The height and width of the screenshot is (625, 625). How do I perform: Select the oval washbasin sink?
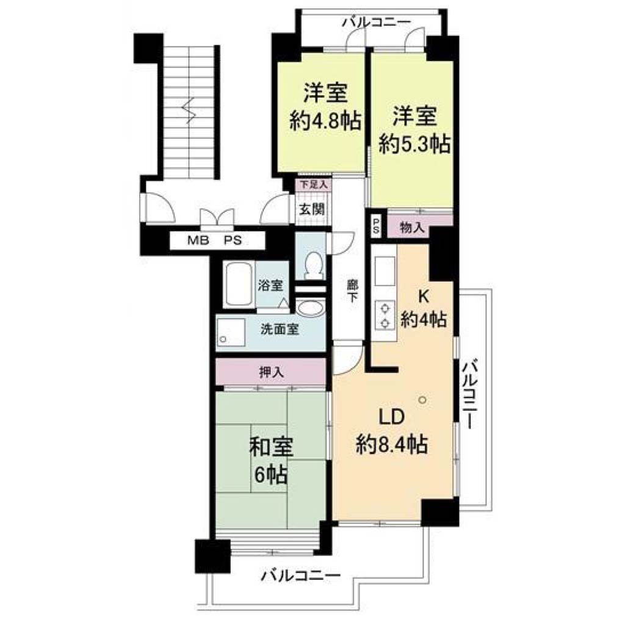point(311,308)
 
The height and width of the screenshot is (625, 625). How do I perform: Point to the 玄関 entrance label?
point(312,209)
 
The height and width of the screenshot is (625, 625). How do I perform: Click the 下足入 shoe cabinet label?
point(313,185)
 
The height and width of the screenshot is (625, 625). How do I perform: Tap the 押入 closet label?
point(272,372)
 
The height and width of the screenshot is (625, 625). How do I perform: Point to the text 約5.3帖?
point(414,144)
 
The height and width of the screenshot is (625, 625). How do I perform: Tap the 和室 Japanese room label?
point(272,447)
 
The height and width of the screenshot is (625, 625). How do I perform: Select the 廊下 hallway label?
point(352,291)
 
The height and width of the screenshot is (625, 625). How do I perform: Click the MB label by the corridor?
point(198,240)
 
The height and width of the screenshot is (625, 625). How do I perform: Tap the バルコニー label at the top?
point(376,23)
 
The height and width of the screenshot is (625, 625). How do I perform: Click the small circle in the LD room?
point(422,399)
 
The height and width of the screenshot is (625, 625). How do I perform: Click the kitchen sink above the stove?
point(385,271)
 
